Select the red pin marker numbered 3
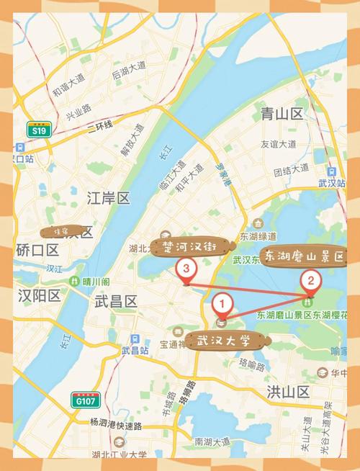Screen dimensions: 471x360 [186, 270]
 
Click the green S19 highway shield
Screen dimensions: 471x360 [37, 130]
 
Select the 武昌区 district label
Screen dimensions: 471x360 [116, 303]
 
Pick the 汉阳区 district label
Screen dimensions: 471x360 [38, 295]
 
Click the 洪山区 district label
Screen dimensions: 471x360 [288, 392]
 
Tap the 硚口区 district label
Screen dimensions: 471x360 [37, 250]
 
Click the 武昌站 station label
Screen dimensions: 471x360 [135, 351]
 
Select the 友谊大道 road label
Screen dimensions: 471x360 [279, 144]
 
